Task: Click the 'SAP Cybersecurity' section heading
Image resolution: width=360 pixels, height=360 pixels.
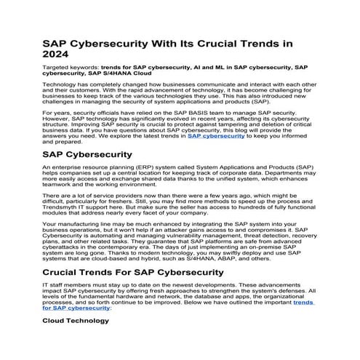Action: click(x=87, y=154)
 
